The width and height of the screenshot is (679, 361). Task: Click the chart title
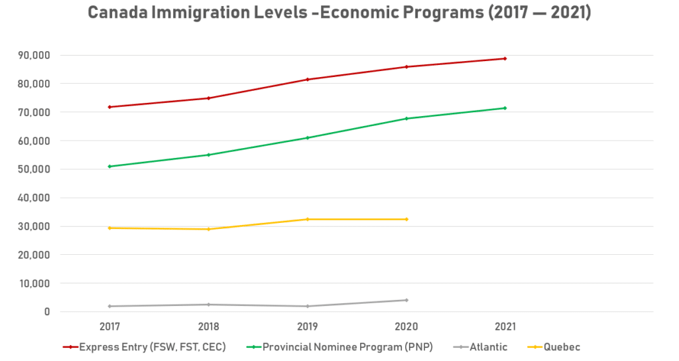point(339,14)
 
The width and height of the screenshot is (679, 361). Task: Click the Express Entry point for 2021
point(505,58)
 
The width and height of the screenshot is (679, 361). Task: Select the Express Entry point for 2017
point(109,107)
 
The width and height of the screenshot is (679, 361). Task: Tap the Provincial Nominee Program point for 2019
point(308,137)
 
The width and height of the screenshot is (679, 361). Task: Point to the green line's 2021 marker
point(505,108)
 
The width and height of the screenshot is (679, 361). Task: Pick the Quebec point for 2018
point(209,229)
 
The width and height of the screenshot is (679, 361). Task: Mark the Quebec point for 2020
point(406,219)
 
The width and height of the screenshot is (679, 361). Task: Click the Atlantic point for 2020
point(406,300)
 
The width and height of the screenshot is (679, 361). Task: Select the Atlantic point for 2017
point(109,306)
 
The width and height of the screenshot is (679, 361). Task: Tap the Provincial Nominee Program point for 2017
point(109,167)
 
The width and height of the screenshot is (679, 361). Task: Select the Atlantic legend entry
point(483,346)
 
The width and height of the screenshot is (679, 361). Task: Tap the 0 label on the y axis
point(47,312)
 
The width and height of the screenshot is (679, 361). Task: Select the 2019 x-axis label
point(308,326)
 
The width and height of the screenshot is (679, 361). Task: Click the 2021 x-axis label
point(505,326)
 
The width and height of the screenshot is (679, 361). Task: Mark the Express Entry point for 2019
point(308,80)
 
